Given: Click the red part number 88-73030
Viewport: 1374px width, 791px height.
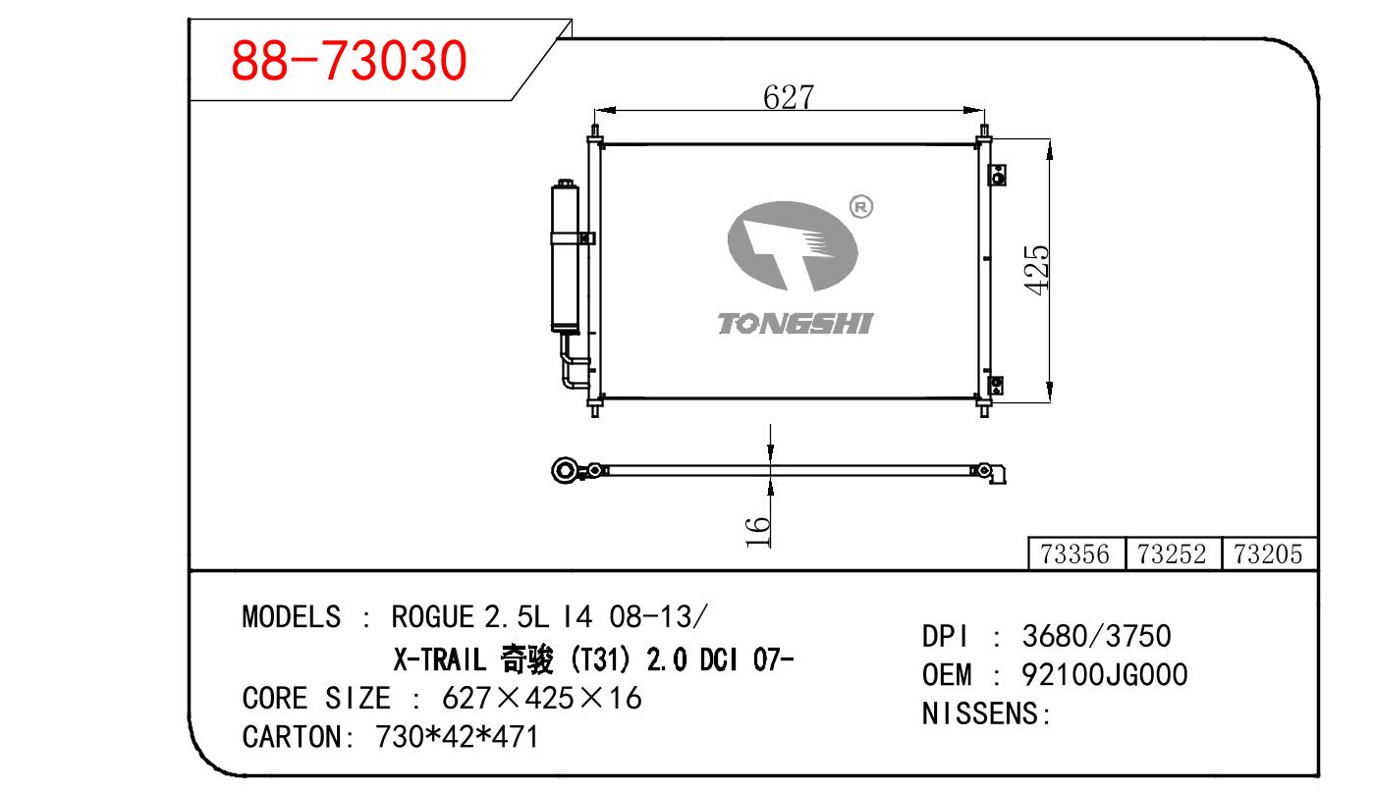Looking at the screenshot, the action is pyautogui.click(x=349, y=60).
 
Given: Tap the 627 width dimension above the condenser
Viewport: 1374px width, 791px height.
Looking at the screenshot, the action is pyautogui.click(x=789, y=97).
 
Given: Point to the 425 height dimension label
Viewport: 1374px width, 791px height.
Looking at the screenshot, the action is pyautogui.click(x=1036, y=270).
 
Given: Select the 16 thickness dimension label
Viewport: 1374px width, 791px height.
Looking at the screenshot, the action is pyautogui.click(x=758, y=531).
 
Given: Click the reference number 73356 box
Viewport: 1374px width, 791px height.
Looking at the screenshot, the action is pyautogui.click(x=1075, y=554).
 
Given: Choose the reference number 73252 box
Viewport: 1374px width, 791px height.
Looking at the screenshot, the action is pyautogui.click(x=1173, y=554).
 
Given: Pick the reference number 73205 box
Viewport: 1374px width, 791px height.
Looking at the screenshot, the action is pyautogui.click(x=1269, y=554).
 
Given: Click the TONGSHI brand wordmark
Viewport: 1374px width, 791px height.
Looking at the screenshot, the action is pyautogui.click(x=795, y=324).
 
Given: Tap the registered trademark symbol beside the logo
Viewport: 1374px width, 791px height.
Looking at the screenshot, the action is pyautogui.click(x=860, y=207).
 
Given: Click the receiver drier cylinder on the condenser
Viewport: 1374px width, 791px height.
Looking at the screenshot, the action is pyautogui.click(x=565, y=256).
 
